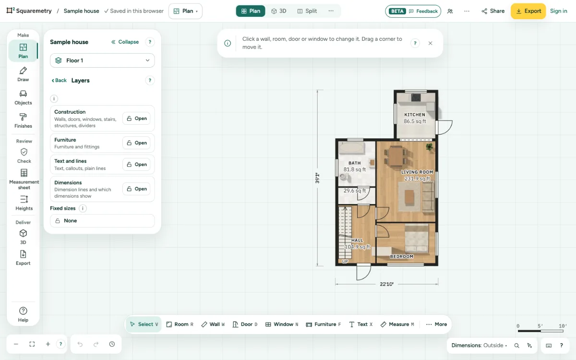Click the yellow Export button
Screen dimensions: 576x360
click(528, 11)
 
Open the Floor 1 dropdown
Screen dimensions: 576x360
click(102, 60)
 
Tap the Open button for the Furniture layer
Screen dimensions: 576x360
click(136, 143)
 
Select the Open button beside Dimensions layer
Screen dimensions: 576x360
click(136, 189)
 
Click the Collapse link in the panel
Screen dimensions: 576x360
click(125, 42)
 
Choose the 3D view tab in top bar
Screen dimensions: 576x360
click(279, 11)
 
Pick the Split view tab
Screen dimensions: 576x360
click(307, 11)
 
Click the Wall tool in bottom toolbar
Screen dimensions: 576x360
click(213, 324)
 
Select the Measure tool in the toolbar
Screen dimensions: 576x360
click(397, 324)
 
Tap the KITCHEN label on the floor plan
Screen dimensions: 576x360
click(415, 115)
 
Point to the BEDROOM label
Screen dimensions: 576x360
click(402, 256)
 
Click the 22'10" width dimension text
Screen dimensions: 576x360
click(387, 284)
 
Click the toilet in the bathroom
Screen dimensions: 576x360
click(344, 177)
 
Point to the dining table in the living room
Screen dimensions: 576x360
click(396, 156)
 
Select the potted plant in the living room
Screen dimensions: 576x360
click(429, 147)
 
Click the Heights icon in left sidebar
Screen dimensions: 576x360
click(24, 203)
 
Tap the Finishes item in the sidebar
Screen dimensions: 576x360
click(23, 120)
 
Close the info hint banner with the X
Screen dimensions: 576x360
click(431, 43)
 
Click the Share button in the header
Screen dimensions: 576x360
click(493, 11)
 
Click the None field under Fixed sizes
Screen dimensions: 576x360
click(102, 221)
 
